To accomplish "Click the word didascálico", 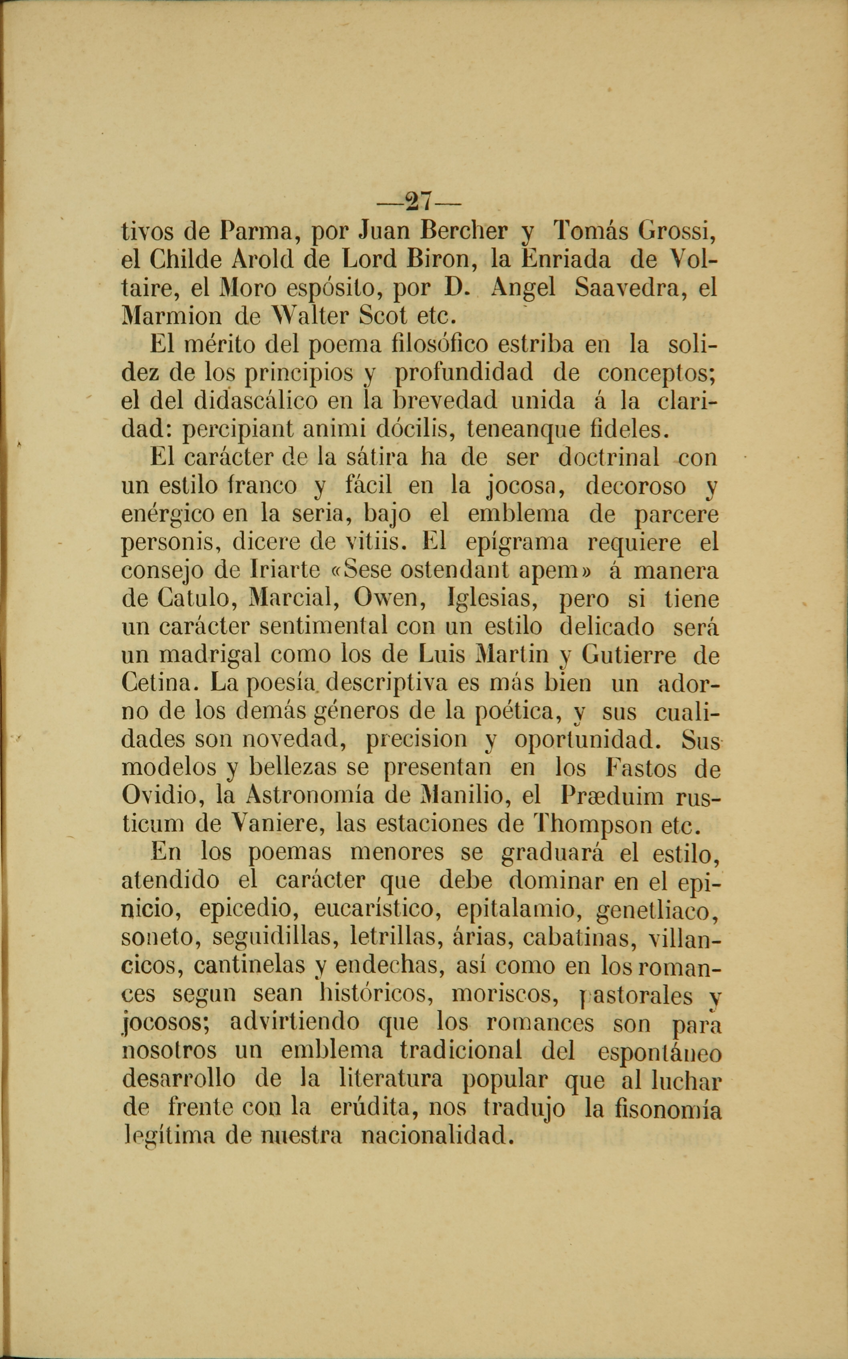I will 256,402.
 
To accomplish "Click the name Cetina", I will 159,684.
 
